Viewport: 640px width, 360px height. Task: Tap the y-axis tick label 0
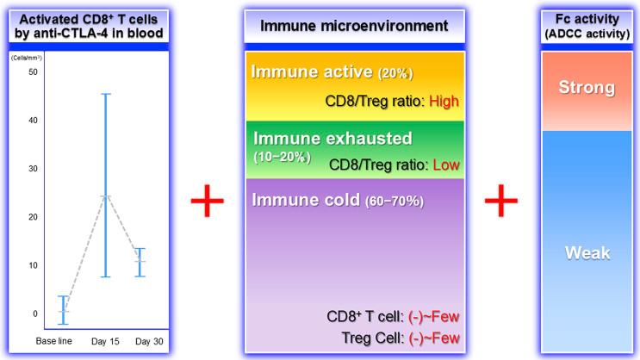point(35,313)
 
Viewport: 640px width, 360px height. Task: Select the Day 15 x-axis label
point(106,342)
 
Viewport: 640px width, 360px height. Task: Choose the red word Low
point(446,164)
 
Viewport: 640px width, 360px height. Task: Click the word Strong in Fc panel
point(587,88)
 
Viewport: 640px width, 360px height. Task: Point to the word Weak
point(587,252)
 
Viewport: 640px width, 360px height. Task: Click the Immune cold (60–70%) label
point(337,200)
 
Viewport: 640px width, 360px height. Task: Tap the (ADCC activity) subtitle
point(587,33)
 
